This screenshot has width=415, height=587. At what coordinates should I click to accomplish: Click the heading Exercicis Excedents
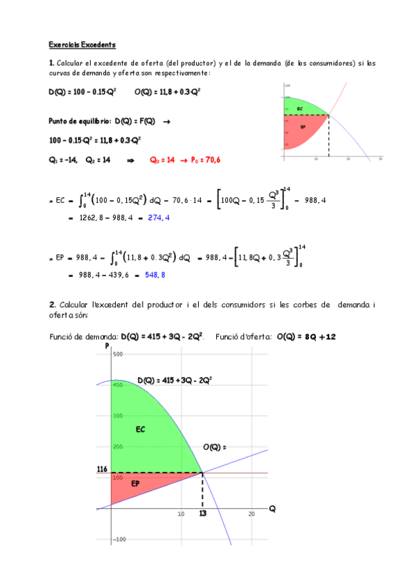[82, 44]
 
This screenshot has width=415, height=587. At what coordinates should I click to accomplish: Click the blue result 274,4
[159, 217]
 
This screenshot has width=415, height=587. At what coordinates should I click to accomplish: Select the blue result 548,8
[155, 275]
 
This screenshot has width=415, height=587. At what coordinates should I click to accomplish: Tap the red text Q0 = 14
[163, 160]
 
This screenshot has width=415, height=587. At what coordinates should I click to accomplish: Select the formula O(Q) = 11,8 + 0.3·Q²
[168, 92]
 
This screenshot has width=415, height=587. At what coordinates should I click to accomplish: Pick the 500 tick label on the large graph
[117, 354]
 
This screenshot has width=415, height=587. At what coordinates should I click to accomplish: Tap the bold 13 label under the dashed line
[202, 514]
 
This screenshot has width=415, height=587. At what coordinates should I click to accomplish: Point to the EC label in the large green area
[140, 430]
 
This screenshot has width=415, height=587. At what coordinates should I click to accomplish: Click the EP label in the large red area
[136, 484]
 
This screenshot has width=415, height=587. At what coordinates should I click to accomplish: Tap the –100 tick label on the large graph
[121, 539]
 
